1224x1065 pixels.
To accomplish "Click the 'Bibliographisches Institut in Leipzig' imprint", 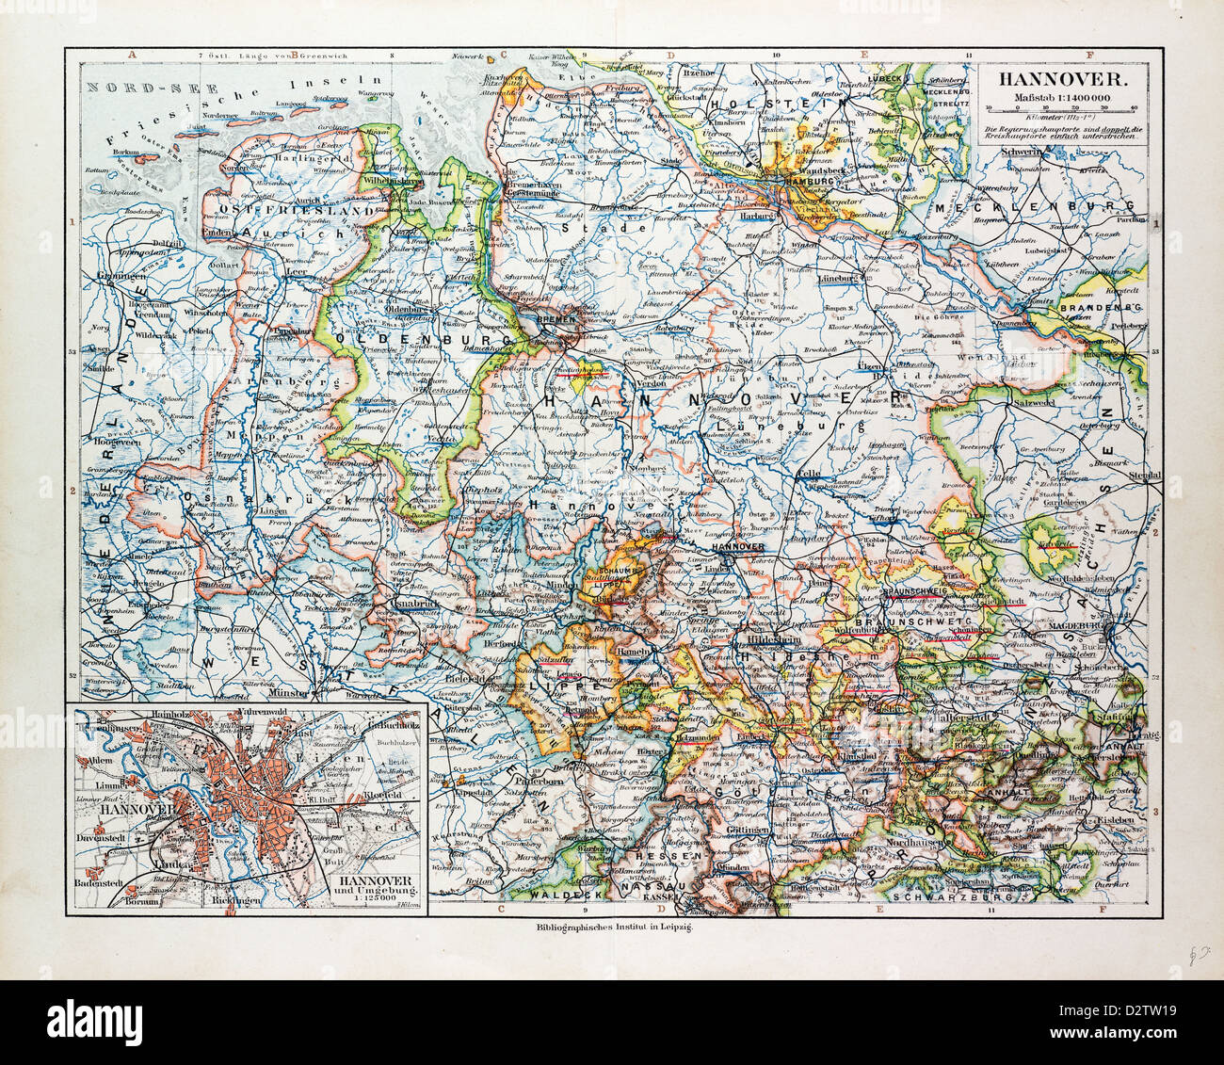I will point(612,928).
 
